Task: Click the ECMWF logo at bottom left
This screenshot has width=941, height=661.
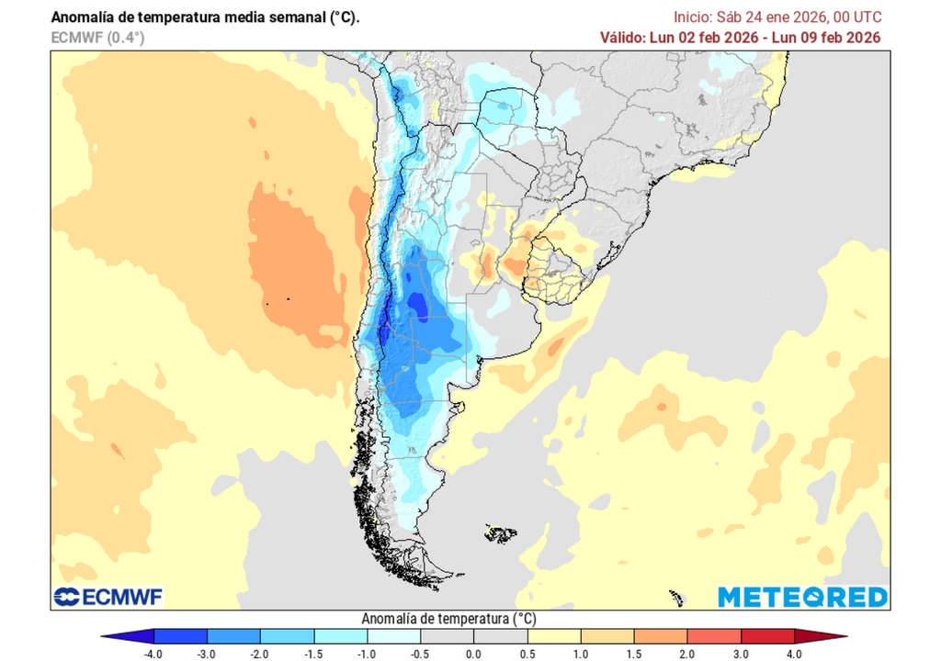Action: click(108, 598)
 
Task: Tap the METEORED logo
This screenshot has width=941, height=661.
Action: click(802, 597)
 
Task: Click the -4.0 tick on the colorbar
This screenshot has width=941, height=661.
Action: click(154, 653)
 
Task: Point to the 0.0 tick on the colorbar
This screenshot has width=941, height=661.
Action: click(473, 653)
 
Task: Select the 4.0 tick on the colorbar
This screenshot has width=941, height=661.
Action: click(794, 653)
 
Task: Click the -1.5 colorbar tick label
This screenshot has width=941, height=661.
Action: click(313, 653)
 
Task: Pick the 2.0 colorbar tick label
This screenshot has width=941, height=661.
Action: click(686, 653)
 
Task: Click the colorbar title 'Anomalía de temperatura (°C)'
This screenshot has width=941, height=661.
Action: click(449, 618)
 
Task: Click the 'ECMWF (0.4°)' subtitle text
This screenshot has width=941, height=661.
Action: click(98, 38)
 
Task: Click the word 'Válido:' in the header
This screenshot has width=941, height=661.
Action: click(626, 38)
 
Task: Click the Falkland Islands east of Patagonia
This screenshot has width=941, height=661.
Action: click(501, 531)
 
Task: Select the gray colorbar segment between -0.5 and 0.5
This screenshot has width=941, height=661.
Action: click(473, 635)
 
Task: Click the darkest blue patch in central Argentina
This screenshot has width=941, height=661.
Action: click(418, 304)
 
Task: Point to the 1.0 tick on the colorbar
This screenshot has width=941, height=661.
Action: click(580, 653)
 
